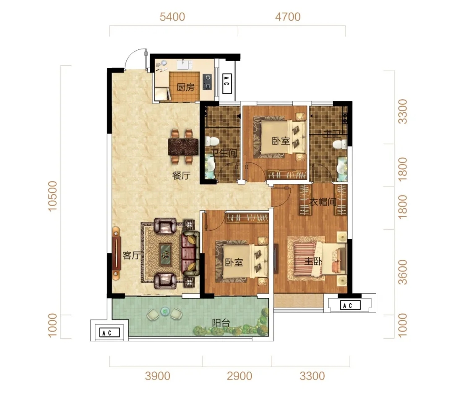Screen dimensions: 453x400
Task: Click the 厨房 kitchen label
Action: point(185,87)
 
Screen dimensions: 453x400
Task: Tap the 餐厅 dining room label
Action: point(181,175)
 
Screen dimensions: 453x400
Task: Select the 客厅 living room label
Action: point(132,255)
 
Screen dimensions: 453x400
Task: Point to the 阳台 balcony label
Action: point(221,323)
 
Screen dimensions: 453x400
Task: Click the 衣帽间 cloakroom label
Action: point(323,201)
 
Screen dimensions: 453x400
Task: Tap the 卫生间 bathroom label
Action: point(224,152)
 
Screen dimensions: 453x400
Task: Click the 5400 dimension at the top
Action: point(172,17)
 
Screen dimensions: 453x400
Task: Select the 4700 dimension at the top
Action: point(288,17)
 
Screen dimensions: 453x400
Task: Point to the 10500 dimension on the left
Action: point(52,196)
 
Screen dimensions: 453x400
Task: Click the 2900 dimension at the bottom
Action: point(240,376)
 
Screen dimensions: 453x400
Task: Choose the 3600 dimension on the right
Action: point(402,272)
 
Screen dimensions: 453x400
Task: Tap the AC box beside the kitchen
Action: point(227,84)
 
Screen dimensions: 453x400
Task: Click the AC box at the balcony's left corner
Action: point(109,333)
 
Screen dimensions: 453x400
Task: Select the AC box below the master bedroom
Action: point(350,305)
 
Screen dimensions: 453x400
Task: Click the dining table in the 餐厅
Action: point(183,147)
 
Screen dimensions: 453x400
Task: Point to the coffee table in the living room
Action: point(166,255)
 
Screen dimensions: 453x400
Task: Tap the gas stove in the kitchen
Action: point(207,82)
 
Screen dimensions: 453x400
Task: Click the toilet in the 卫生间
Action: point(212,141)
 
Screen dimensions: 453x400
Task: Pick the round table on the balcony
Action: point(165,311)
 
